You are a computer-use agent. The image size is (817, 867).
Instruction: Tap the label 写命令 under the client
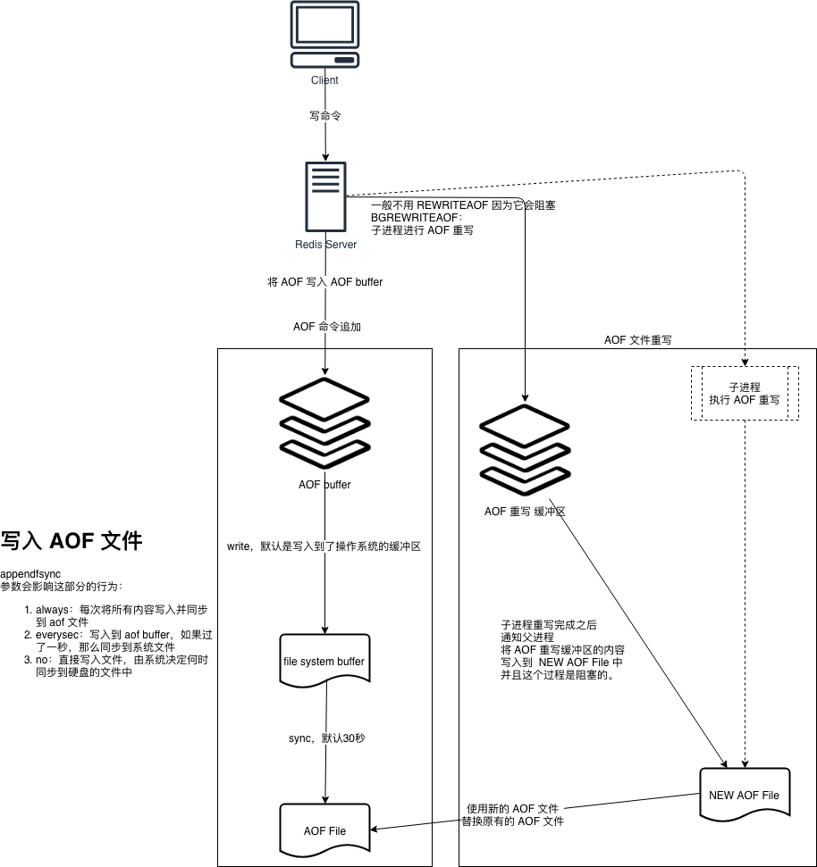pyautogui.click(x=324, y=115)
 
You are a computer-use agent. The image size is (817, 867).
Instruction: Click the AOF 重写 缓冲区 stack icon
pyautogui.click(x=525, y=445)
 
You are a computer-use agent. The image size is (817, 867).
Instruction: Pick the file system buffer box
pyautogui.click(x=324, y=662)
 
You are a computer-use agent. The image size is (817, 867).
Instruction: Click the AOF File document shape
pyautogui.click(x=324, y=830)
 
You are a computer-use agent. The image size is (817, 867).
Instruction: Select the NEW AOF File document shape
pyautogui.click(x=743, y=794)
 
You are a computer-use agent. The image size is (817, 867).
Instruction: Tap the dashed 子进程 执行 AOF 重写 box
pyautogui.click(x=744, y=393)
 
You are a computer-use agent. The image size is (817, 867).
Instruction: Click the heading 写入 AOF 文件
pyautogui.click(x=72, y=541)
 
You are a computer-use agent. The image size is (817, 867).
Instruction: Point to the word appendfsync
pyautogui.click(x=30, y=573)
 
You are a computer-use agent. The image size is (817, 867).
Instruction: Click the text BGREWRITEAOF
pyautogui.click(x=416, y=217)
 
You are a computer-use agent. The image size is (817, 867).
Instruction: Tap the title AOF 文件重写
pyautogui.click(x=637, y=340)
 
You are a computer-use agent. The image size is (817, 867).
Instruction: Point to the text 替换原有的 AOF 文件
pyautogui.click(x=512, y=821)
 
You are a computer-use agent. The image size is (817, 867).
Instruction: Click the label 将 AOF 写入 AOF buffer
pyautogui.click(x=325, y=282)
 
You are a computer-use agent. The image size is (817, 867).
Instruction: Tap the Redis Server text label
pyautogui.click(x=325, y=245)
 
